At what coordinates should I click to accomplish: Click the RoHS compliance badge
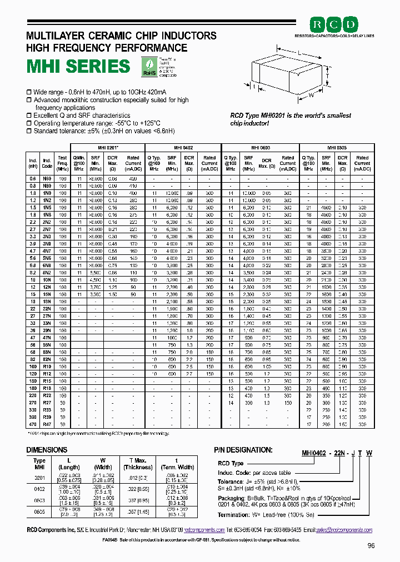click(149, 67)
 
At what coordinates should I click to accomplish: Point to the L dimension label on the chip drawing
click(300, 51)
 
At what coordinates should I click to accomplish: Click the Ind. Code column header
click(47, 162)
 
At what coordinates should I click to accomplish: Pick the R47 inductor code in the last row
click(47, 424)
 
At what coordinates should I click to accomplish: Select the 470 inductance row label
click(33, 424)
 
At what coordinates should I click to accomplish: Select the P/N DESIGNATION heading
click(243, 450)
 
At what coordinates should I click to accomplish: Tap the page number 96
click(372, 546)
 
